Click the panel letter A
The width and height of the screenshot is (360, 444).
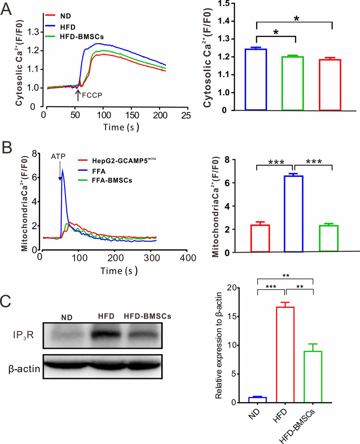coord(8,9)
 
